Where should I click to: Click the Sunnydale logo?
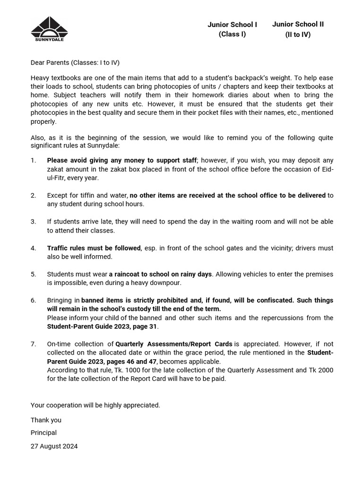click(49, 29)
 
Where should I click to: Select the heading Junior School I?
click(232, 25)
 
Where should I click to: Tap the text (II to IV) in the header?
click(298, 35)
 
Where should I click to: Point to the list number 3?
click(34, 222)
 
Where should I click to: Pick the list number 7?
click(34, 344)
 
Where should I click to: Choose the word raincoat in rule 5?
click(128, 274)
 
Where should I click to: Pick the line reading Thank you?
click(46, 420)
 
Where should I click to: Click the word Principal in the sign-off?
click(43, 433)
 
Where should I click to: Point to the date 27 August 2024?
click(54, 446)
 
